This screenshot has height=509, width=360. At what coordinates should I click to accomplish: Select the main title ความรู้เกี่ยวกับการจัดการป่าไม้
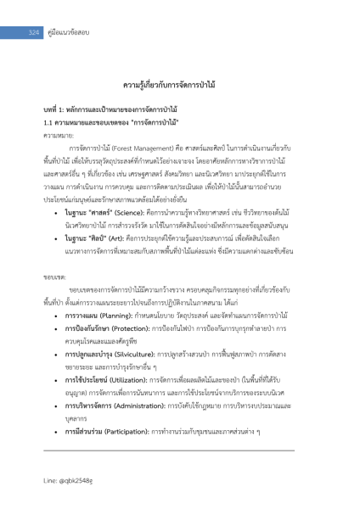click(180, 87)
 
